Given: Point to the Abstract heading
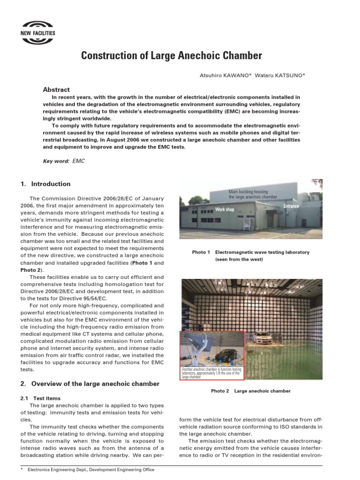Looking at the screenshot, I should click(56, 90).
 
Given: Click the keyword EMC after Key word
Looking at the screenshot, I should click(79, 161).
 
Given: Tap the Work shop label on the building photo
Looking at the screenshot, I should click(225, 210).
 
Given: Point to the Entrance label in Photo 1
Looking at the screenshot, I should click(291, 206).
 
